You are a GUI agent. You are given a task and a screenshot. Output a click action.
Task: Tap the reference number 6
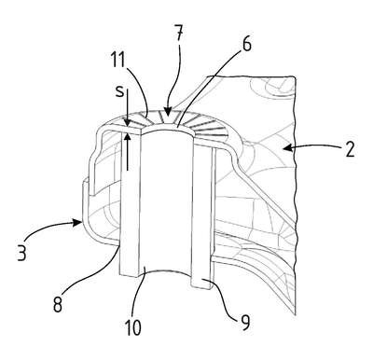(x=246, y=44)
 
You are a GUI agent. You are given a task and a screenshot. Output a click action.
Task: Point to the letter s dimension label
(x=119, y=92)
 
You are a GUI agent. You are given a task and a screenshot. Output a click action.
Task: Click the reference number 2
(x=350, y=149)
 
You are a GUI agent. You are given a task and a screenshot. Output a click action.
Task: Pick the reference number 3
(x=22, y=251)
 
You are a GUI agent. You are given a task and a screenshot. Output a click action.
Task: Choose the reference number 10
(x=132, y=326)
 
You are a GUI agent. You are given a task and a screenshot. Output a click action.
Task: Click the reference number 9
(x=245, y=322)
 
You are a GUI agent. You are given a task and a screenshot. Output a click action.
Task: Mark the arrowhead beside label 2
(x=287, y=148)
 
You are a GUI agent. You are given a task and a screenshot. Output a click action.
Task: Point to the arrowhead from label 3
(x=78, y=222)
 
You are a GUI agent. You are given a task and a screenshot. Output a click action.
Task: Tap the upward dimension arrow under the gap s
(x=127, y=152)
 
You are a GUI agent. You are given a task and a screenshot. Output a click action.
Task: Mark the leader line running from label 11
(x=139, y=90)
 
